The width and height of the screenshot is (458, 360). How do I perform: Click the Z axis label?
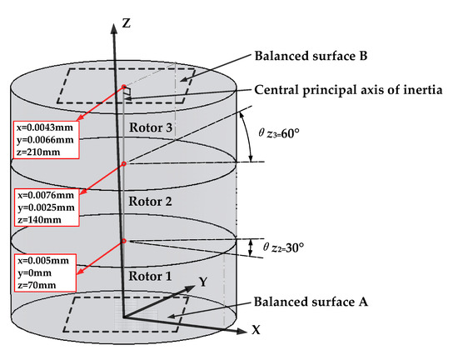127,24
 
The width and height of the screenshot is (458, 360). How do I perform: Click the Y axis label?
203,282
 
